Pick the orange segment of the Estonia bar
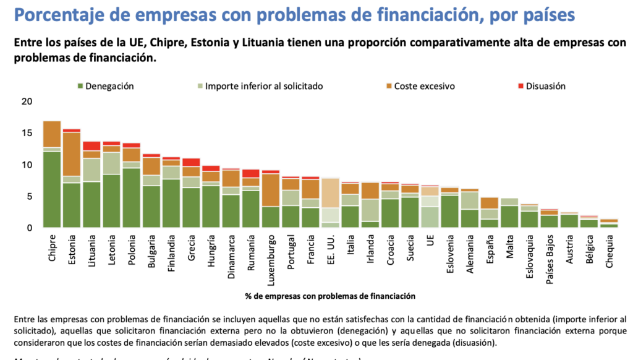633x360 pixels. point(72,154)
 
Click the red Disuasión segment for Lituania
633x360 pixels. point(91,146)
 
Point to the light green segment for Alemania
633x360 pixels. point(470,200)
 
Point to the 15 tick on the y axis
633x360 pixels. point(25,133)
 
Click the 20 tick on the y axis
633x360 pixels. point(25,101)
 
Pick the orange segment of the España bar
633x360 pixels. point(490,203)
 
